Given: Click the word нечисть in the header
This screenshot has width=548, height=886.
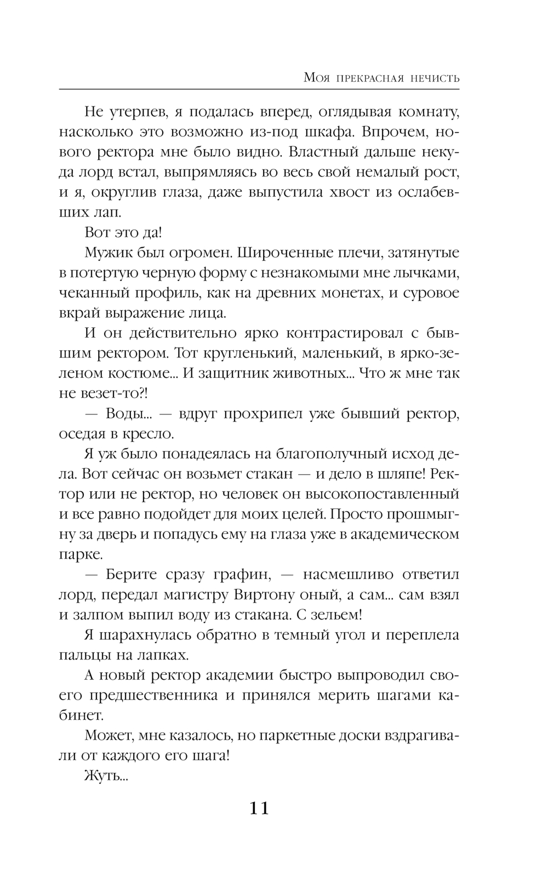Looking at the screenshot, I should coord(433,78).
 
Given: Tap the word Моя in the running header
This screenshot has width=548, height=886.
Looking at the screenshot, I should coord(316,78).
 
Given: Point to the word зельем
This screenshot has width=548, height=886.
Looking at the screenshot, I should coord(335,615).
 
